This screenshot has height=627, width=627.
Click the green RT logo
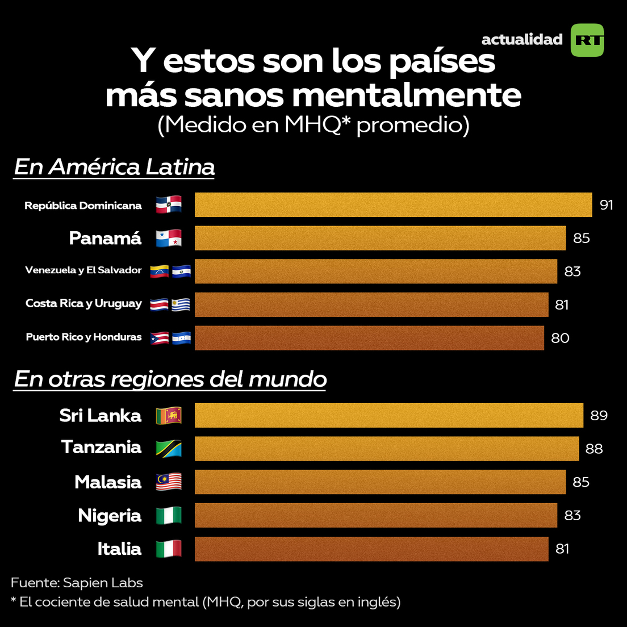pyautogui.click(x=587, y=40)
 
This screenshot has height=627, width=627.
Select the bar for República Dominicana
pyautogui.click(x=393, y=204)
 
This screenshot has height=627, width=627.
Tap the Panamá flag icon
pyautogui.click(x=169, y=238)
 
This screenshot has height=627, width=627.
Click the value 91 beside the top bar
pyautogui.click(x=606, y=204)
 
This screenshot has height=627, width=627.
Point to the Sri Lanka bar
pyautogui.click(x=388, y=415)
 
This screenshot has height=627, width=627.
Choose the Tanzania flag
pyautogui.click(x=169, y=448)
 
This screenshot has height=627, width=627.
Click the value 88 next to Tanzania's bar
pyautogui.click(x=594, y=449)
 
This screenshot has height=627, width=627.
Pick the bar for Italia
pyautogui.click(x=371, y=549)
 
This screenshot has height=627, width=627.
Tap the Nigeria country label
pyautogui.click(x=110, y=516)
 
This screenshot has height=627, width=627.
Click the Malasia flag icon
pyautogui.click(x=169, y=482)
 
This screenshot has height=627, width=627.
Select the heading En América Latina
pyautogui.click(x=114, y=167)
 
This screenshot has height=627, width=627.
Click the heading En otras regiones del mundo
pyautogui.click(x=170, y=379)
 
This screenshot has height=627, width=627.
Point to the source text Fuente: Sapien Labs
pyautogui.click(x=77, y=583)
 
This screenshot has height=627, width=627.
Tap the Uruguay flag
pyautogui.click(x=181, y=304)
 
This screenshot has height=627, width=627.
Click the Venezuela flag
pyautogui.click(x=159, y=271)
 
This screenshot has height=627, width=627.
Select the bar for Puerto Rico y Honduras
pyautogui.click(x=369, y=338)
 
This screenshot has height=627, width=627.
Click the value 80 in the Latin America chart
pyautogui.click(x=560, y=338)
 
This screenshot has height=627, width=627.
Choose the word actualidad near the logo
pyautogui.click(x=521, y=40)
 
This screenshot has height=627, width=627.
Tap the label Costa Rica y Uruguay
pyautogui.click(x=83, y=303)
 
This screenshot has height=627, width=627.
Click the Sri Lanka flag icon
pyautogui.click(x=169, y=415)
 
